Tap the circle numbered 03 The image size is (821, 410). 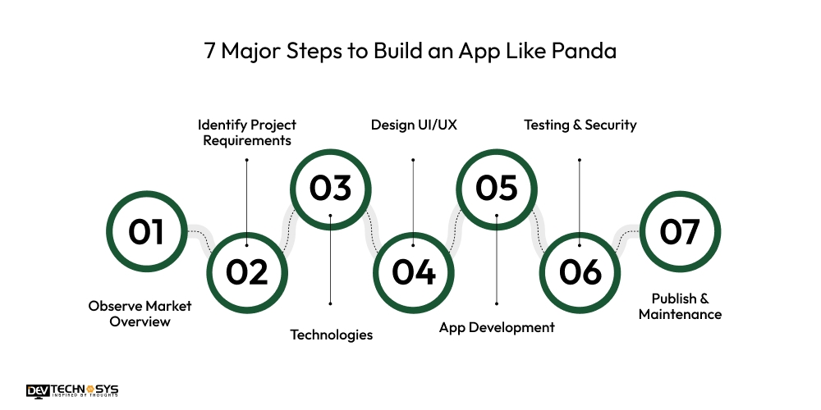tap(330, 188)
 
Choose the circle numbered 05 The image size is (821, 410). tap(497, 188)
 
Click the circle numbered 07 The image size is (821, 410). tap(679, 231)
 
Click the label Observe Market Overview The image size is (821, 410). tap(140, 313)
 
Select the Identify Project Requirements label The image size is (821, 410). tap(247, 132)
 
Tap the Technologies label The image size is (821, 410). tap(332, 335)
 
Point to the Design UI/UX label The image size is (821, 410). tap(414, 125)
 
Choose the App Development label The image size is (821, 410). tap(497, 327)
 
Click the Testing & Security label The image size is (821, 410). tap(580, 125)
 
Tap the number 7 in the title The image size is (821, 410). tap(210, 52)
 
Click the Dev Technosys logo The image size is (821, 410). tap(71, 391)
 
